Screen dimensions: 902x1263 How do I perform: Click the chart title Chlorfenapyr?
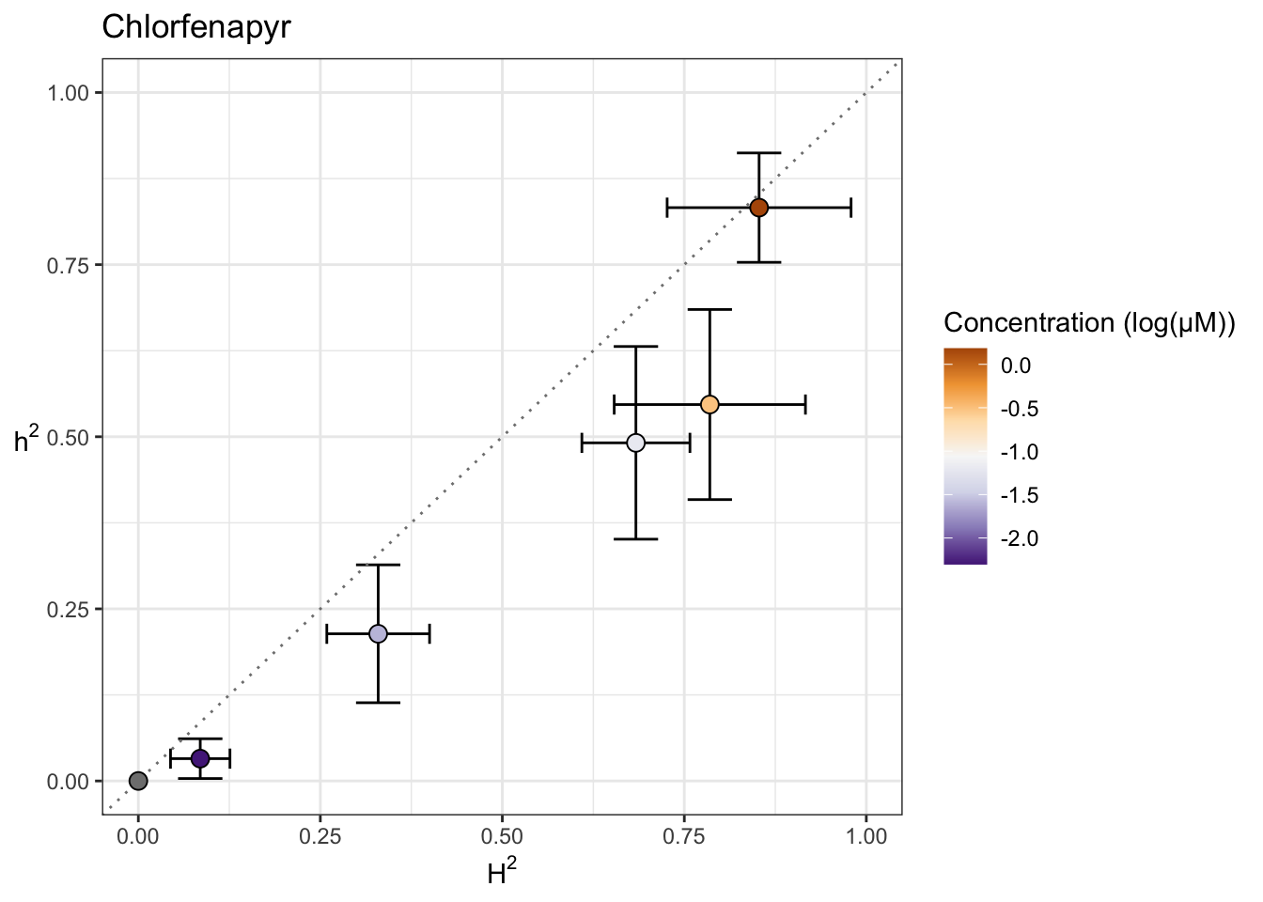(195, 27)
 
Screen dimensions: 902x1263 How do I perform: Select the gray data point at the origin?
(138, 781)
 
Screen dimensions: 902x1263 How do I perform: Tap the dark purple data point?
(200, 758)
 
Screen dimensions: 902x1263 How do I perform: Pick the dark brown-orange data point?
(759, 208)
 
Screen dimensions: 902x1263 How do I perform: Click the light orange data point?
(709, 404)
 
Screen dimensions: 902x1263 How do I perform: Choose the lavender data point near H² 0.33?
(378, 634)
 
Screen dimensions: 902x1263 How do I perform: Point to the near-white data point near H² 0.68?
(636, 443)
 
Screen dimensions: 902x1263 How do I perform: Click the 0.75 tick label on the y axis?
(68, 265)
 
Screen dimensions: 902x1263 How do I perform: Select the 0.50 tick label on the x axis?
(502, 837)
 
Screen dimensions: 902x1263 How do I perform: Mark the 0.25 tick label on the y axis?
(68, 609)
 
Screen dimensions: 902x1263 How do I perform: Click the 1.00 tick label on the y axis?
(68, 93)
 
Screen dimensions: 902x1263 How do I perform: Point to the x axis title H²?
(502, 874)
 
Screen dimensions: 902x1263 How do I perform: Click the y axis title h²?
(26, 439)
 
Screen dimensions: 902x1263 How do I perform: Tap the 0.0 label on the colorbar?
(1016, 365)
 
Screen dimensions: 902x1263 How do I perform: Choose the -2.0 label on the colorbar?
(1020, 538)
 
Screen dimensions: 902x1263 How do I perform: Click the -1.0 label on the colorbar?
(1020, 452)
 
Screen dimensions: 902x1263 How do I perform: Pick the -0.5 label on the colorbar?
(1020, 409)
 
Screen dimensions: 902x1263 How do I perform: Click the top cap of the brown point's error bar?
(759, 152)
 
